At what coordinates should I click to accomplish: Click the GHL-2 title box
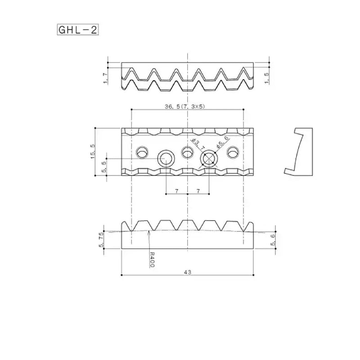pos(78,30)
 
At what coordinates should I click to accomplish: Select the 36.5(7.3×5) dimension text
pos(185,106)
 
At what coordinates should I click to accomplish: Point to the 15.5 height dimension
pos(93,152)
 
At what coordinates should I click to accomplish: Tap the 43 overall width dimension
pos(187,272)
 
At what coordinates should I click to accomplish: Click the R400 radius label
pos(152,260)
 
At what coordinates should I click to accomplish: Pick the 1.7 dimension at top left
pos(105,77)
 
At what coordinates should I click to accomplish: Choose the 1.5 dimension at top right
pos(267,77)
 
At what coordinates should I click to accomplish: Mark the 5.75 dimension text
pos(101,240)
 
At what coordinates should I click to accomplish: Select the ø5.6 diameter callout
pos(222,142)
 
